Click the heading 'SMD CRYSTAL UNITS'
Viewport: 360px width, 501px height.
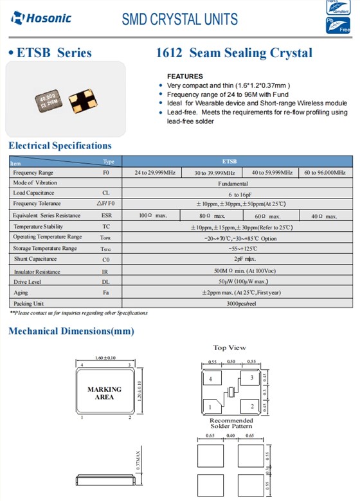179,20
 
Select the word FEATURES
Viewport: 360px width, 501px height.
184,76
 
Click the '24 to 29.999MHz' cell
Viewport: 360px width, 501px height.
155,173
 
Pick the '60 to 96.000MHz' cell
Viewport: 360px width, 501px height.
324,173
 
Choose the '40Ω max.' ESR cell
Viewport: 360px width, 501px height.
324,216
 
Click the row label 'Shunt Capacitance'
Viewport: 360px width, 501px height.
35,259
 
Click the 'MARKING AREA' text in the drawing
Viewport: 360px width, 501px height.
104,393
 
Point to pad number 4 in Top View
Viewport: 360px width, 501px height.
210,380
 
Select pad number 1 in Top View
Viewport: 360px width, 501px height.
210,407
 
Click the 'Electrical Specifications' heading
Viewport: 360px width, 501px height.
60,146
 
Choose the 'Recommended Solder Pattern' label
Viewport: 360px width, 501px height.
231,423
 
